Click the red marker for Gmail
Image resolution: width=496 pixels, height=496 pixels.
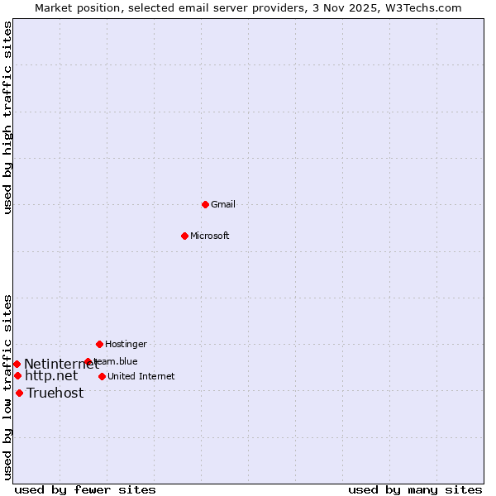(x=205, y=204)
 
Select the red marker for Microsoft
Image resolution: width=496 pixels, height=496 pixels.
(x=184, y=236)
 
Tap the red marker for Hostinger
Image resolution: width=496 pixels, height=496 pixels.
(x=99, y=344)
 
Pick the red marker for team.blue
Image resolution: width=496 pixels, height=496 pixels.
(x=88, y=361)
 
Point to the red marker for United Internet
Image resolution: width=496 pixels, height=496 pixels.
(x=102, y=376)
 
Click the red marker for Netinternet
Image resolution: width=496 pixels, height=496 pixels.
(x=17, y=364)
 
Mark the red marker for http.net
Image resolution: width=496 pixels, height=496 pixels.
(x=17, y=375)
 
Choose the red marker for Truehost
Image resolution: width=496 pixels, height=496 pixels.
(x=19, y=393)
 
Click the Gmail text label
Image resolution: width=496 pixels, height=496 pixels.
(x=223, y=204)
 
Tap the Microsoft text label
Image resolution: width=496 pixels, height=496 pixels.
(x=210, y=236)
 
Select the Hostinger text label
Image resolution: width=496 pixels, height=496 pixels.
(x=126, y=344)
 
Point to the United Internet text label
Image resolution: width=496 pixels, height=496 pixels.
(x=141, y=376)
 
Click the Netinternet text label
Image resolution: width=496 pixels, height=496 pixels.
(x=60, y=365)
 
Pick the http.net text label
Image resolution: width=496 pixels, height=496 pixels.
(x=51, y=376)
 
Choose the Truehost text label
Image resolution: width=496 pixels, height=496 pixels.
(x=55, y=393)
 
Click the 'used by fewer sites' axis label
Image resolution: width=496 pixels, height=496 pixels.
(x=85, y=489)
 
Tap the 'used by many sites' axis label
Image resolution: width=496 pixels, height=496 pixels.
(x=415, y=489)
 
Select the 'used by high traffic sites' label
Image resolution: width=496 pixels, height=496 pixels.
(x=7, y=117)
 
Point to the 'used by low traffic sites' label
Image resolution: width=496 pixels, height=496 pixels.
(x=7, y=387)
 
